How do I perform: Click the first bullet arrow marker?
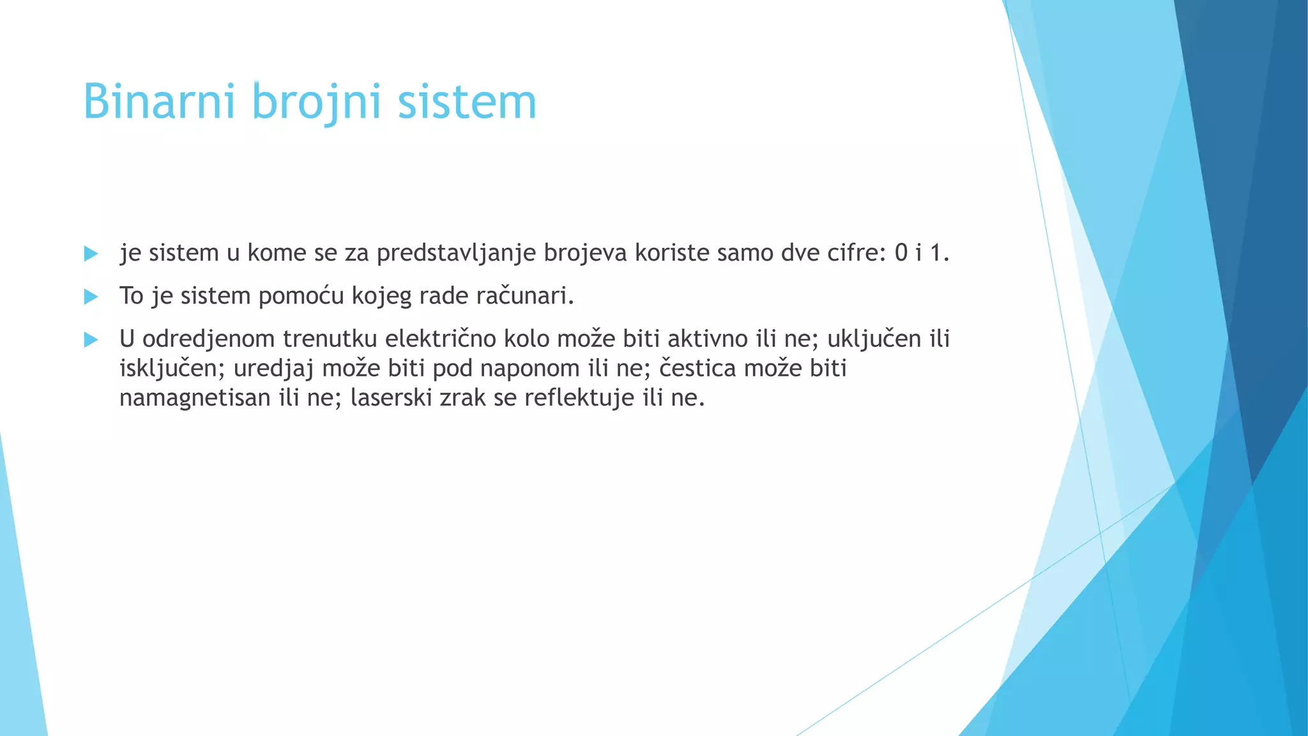pos(91,254)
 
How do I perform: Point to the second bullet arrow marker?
pos(91,296)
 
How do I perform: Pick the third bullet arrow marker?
pos(91,339)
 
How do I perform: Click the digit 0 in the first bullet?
pos(901,254)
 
